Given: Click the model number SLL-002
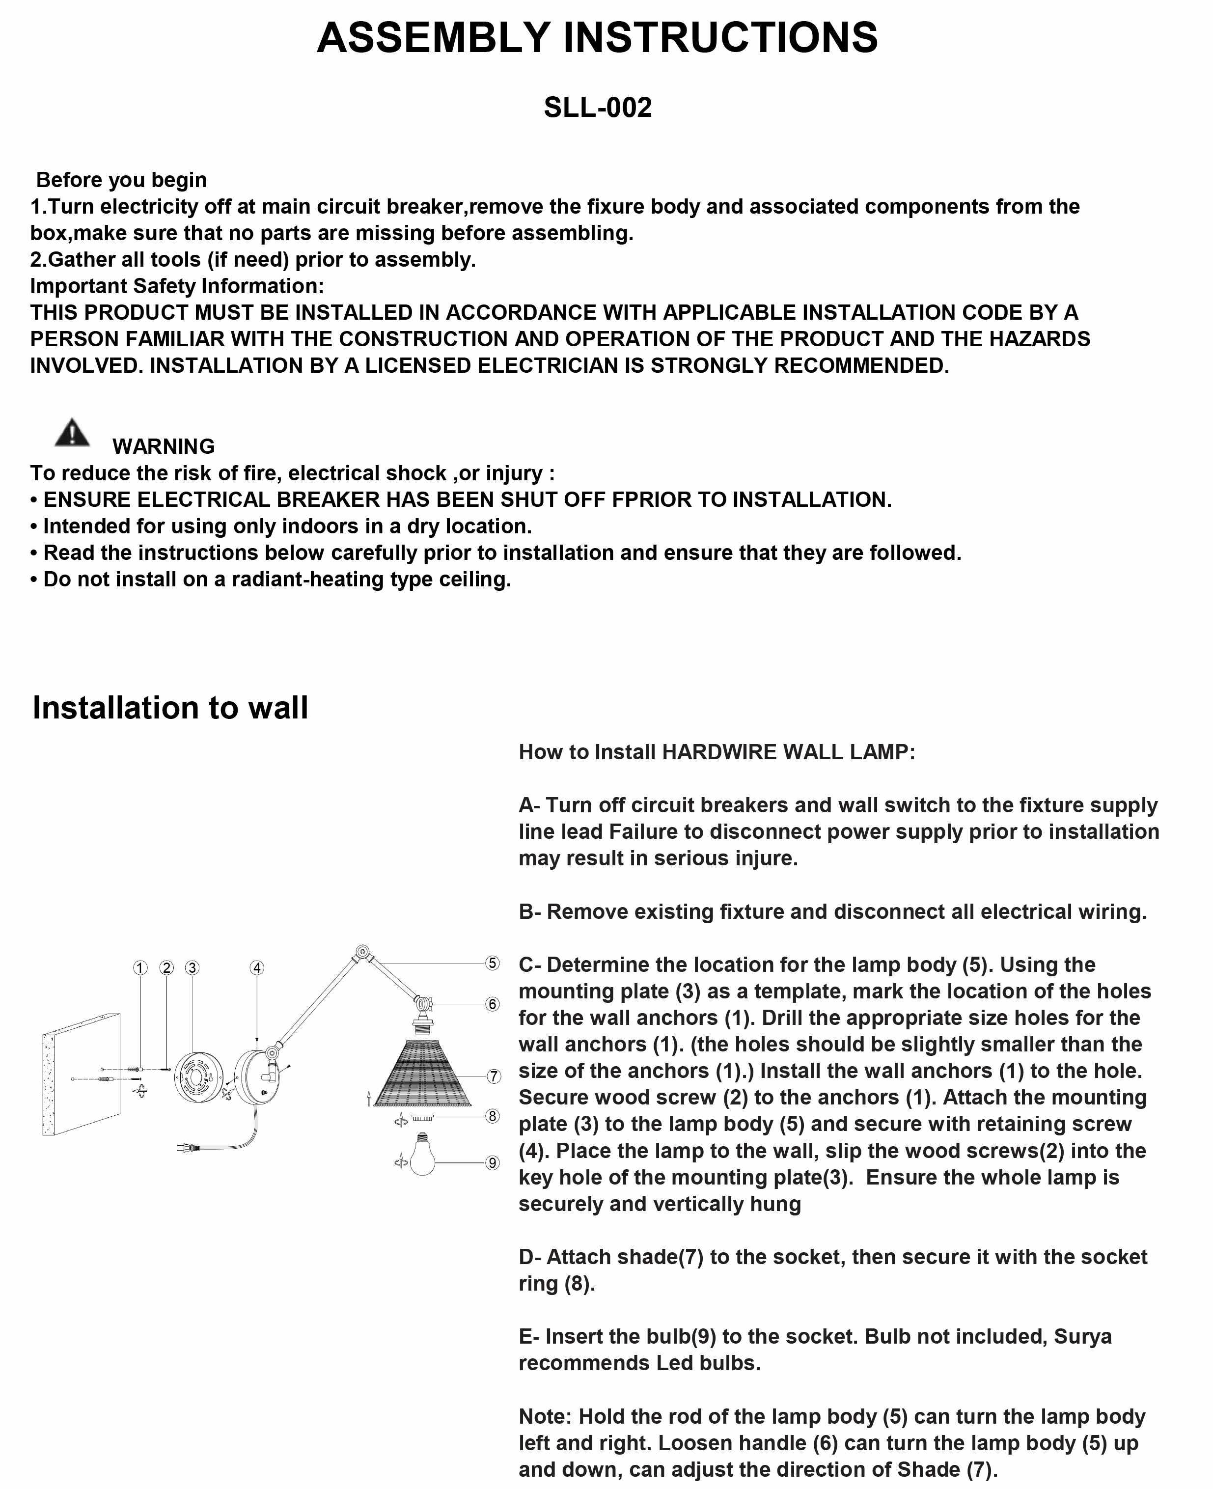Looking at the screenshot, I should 598,108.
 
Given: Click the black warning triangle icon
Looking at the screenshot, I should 72,433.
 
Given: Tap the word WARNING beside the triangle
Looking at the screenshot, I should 164,446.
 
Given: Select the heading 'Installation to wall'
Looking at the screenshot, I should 170,708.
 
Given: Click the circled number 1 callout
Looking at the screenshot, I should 140,968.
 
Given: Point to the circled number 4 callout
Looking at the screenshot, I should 257,968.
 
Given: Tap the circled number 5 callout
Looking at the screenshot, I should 493,963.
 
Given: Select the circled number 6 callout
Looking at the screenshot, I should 493,1004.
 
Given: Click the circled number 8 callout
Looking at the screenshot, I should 493,1116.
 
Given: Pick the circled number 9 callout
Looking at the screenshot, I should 493,1163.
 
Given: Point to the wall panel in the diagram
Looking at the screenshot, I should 81,1075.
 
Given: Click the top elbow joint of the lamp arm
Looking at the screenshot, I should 362,952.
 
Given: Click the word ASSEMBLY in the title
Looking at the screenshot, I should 433,38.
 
